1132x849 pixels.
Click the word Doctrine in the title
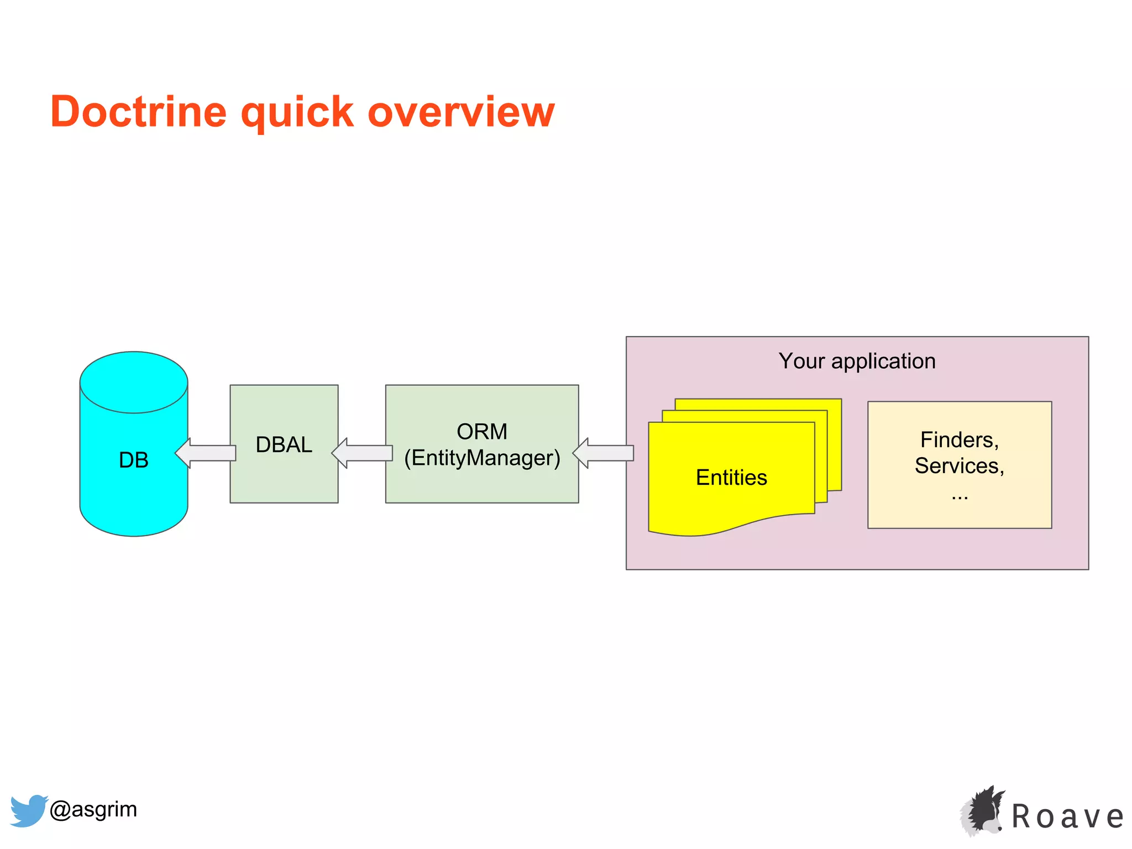click(x=138, y=112)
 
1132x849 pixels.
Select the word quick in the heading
click(x=297, y=112)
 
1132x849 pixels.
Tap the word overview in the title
click(x=460, y=112)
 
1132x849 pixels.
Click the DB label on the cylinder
click(x=134, y=460)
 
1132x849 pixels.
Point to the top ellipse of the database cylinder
click(x=134, y=381)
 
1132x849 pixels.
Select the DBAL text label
click(x=284, y=444)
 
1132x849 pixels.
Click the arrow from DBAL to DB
click(x=206, y=453)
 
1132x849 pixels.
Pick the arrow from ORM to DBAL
click(x=362, y=453)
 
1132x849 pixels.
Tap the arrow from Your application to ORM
click(x=603, y=453)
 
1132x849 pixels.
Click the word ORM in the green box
click(x=481, y=432)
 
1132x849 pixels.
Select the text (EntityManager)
click(x=482, y=458)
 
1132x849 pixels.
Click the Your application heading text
click(x=857, y=361)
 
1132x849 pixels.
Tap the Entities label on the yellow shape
click(x=731, y=477)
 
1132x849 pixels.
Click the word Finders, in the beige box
click(x=959, y=440)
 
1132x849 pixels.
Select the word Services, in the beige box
click(x=959, y=466)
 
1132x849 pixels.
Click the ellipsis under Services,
click(x=960, y=496)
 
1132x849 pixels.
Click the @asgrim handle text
click(x=93, y=809)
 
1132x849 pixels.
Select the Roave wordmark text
click(x=1067, y=817)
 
